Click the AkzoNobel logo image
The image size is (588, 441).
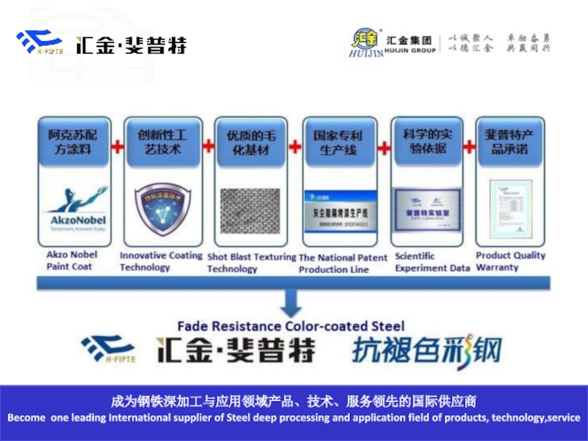76,211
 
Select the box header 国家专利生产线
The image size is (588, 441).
338,142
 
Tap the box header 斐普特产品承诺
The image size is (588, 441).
509,142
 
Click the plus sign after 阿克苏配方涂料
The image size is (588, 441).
117,146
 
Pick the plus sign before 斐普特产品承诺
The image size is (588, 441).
468,146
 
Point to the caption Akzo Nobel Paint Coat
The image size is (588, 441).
72,261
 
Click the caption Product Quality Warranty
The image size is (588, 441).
510,261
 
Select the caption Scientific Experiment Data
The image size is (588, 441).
432,262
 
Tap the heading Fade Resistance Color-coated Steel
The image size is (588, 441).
291,326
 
